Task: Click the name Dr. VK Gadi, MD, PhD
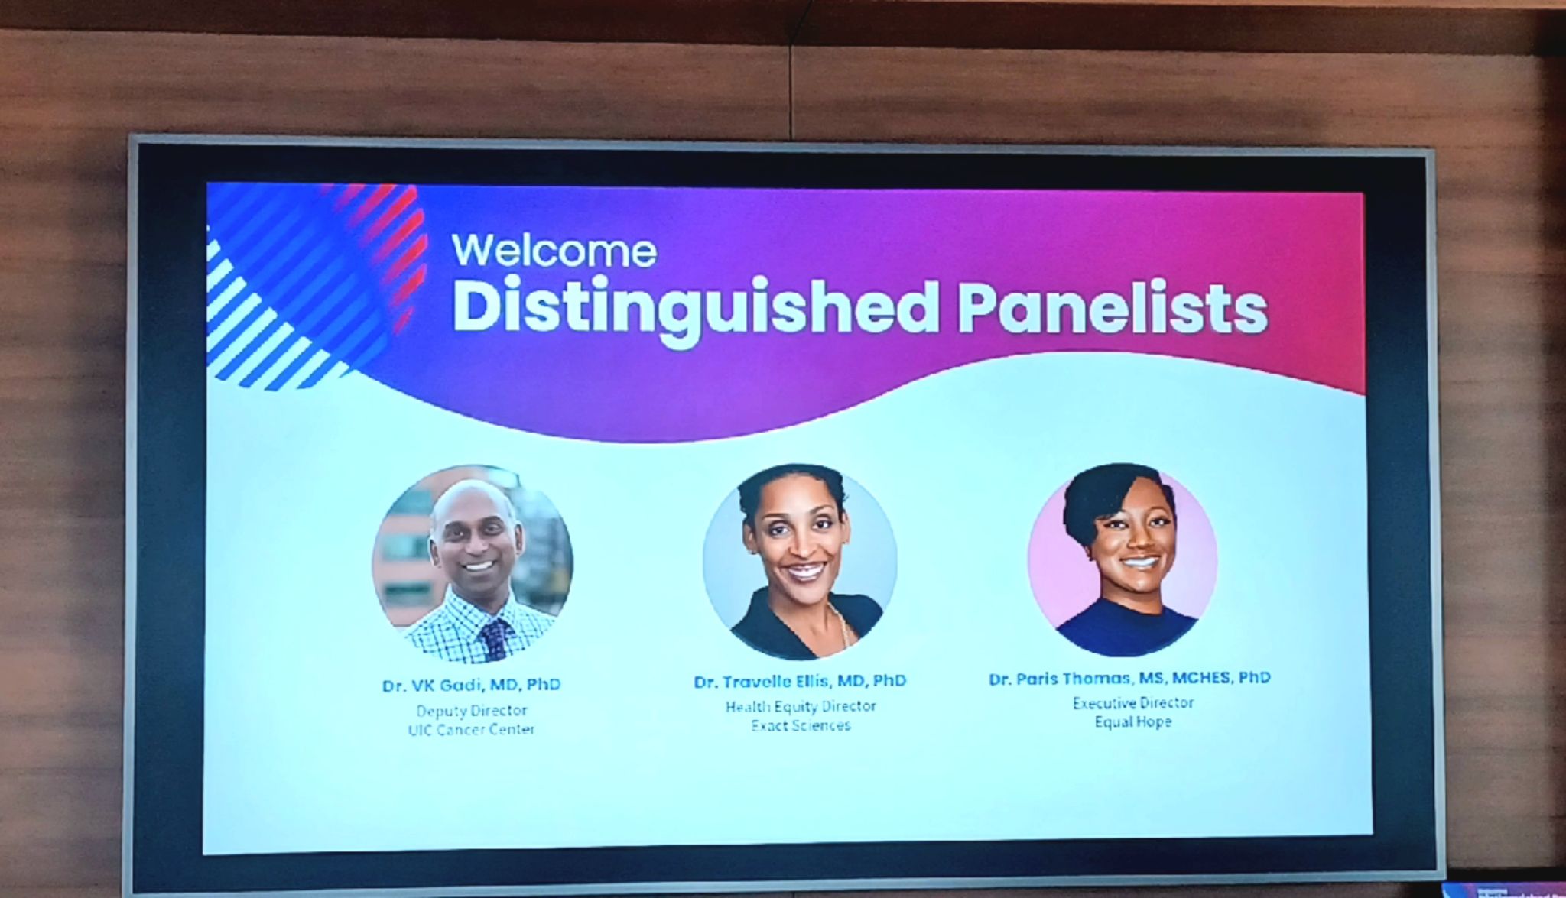(x=472, y=685)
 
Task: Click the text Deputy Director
(x=472, y=711)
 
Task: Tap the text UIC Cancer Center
(x=472, y=730)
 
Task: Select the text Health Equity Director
(x=801, y=707)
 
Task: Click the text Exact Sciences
(x=801, y=726)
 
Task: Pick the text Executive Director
(x=1132, y=703)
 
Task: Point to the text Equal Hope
(x=1132, y=722)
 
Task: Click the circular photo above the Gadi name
(x=473, y=563)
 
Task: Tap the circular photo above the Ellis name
(x=800, y=561)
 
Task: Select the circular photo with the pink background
(x=1123, y=559)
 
